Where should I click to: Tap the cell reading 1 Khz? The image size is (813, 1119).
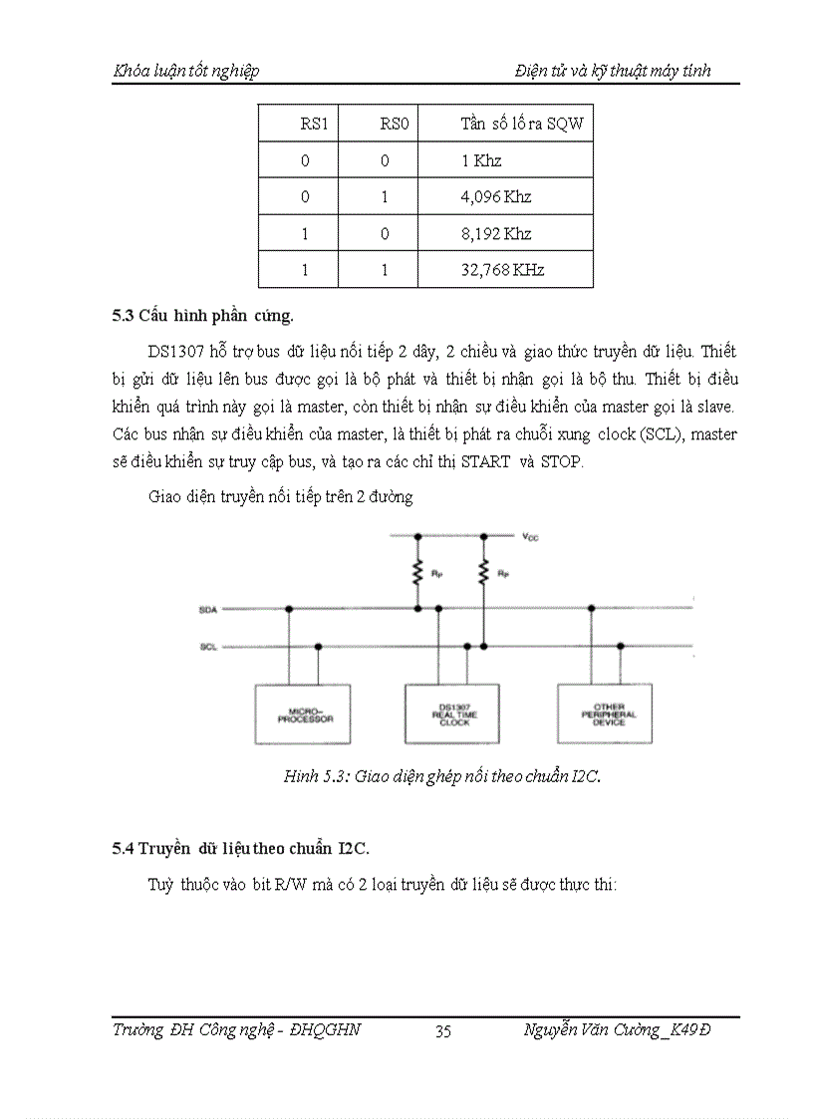click(x=481, y=160)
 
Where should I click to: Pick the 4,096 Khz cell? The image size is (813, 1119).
click(x=495, y=197)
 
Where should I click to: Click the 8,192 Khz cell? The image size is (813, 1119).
click(x=495, y=234)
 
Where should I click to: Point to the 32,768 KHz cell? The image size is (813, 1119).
click(x=502, y=270)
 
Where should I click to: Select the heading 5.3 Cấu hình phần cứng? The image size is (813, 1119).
click(x=202, y=317)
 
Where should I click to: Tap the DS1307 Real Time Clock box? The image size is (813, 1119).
click(x=453, y=713)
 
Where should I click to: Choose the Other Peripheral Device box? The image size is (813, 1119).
click(x=607, y=713)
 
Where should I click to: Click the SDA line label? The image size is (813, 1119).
click(x=207, y=609)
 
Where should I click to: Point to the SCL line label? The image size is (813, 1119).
click(x=207, y=647)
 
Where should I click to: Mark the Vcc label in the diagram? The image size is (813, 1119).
click(x=530, y=537)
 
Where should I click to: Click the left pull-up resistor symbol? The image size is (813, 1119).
click(x=418, y=572)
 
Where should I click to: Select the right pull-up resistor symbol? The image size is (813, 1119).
click(x=484, y=572)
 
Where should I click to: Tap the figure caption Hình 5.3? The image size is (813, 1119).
click(x=442, y=778)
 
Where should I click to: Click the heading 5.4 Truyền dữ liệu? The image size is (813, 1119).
click(x=240, y=849)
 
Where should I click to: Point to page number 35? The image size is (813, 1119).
click(x=443, y=1031)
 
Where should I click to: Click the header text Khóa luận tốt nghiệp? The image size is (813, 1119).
click(x=186, y=71)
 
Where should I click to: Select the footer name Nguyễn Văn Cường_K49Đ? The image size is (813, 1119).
click(x=617, y=1030)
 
